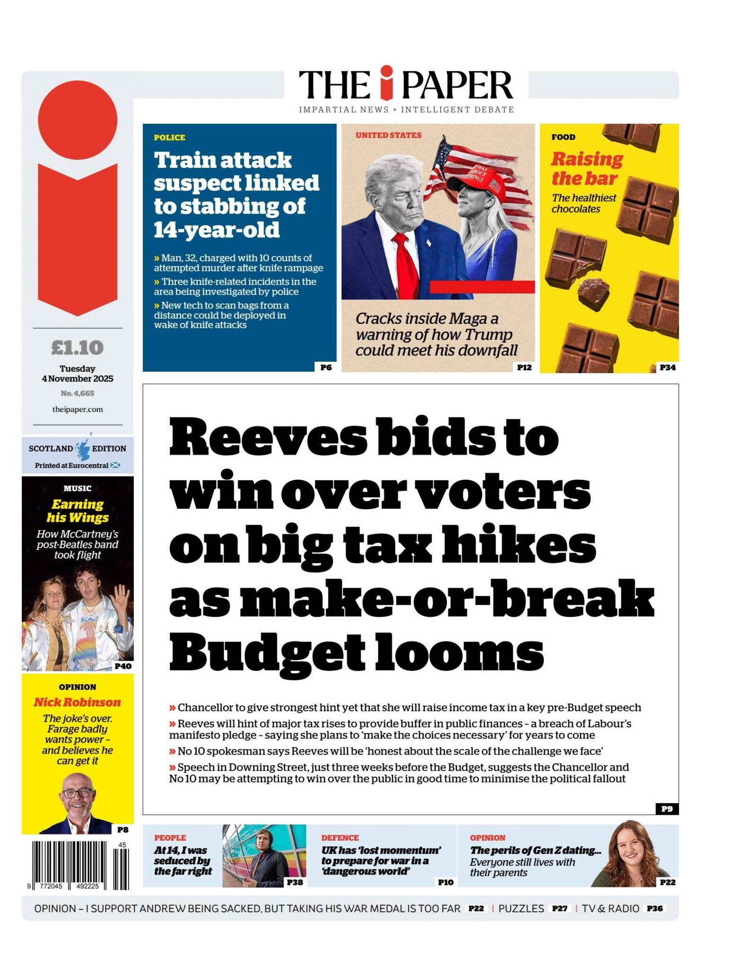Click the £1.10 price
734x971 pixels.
tap(77, 348)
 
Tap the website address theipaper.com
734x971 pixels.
tap(78, 409)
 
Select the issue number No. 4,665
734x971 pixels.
tap(78, 393)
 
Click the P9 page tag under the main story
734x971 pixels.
tap(667, 808)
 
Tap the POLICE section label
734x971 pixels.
tap(169, 138)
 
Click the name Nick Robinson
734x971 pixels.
tap(77, 702)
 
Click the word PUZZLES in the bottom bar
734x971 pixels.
tap(521, 908)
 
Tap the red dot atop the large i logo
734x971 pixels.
tap(78, 120)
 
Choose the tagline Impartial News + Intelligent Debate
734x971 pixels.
tap(406, 110)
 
